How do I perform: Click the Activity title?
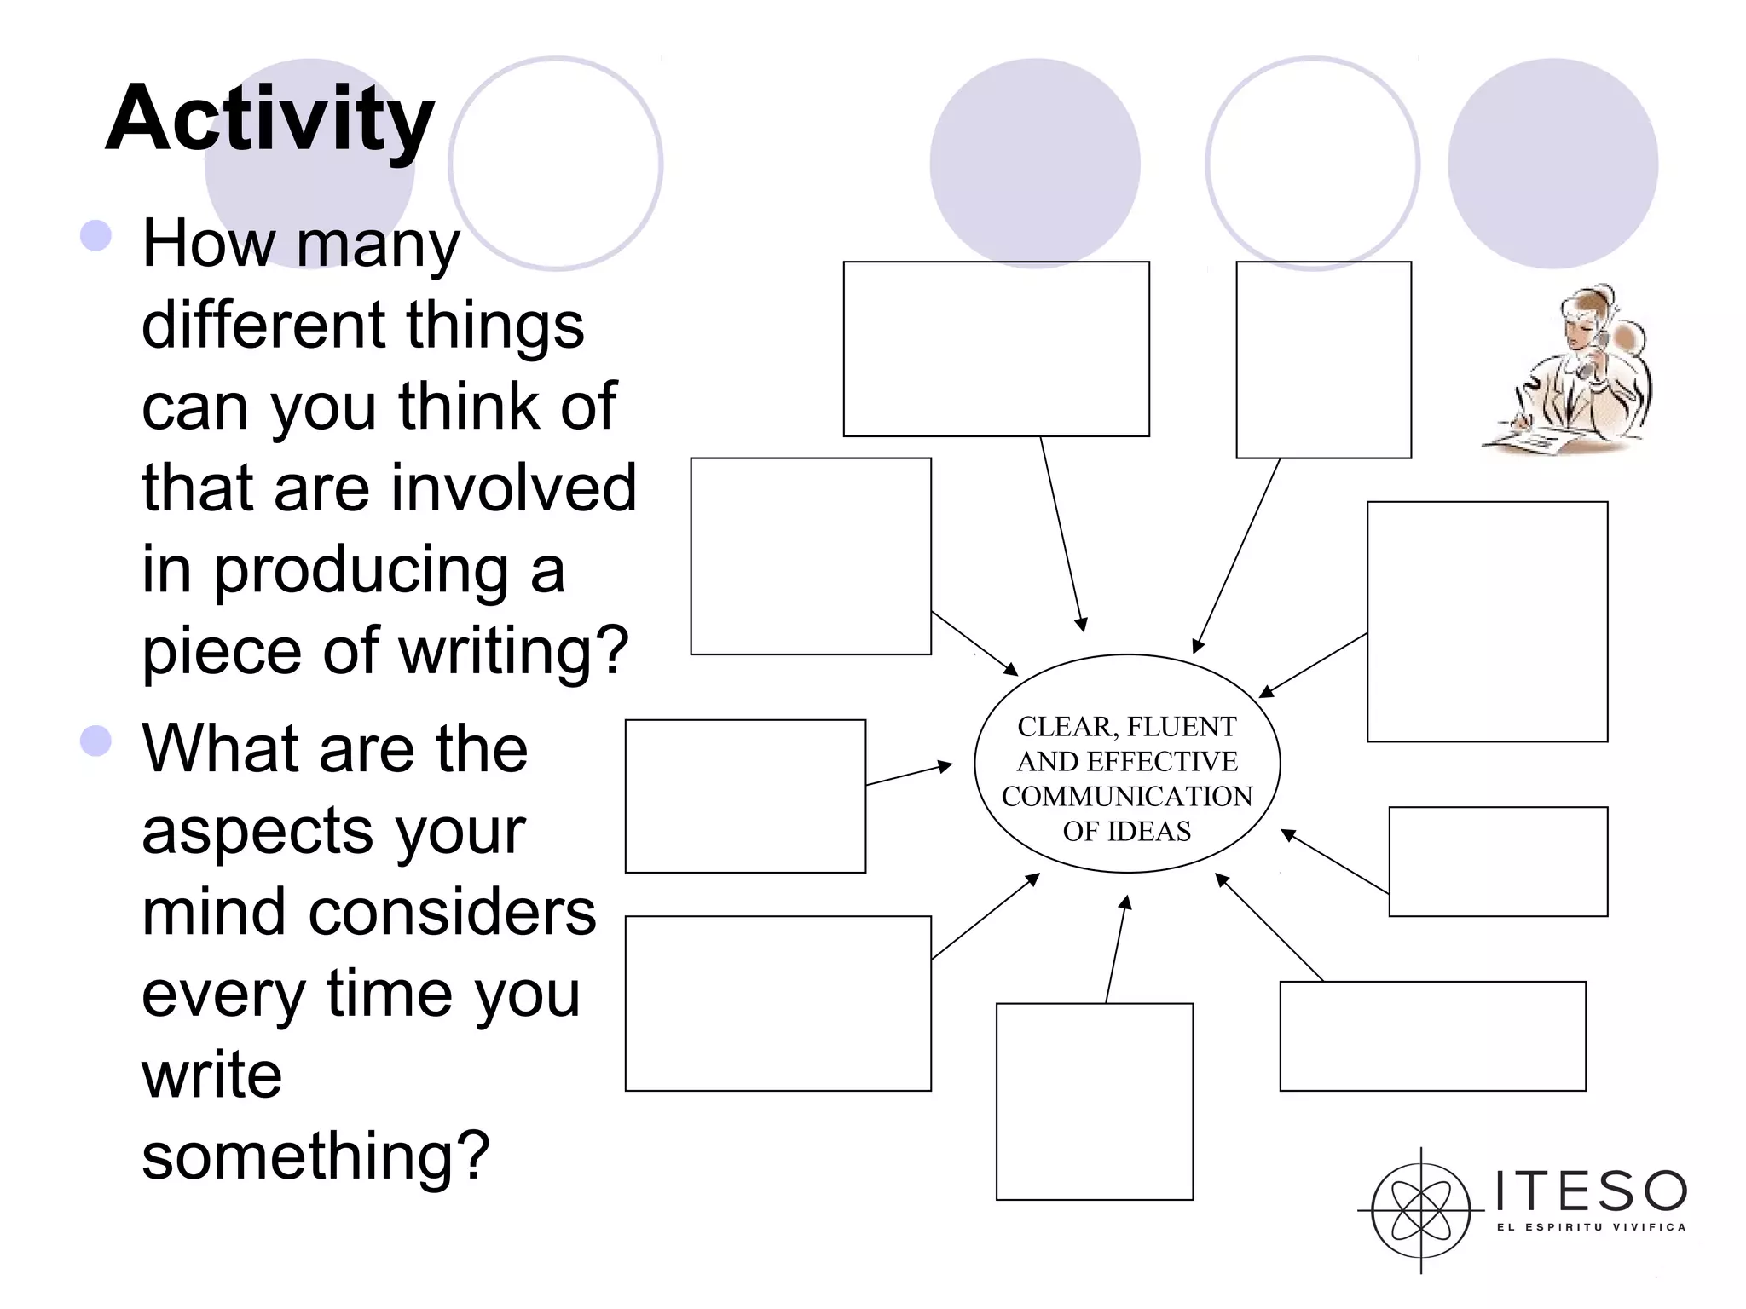coord(269,119)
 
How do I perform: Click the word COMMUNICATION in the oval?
coord(1126,797)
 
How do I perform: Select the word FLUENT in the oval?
coord(1182,727)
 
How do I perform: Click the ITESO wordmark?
coord(1590,1191)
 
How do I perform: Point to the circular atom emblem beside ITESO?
coord(1420,1210)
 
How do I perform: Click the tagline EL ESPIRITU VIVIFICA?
coord(1591,1227)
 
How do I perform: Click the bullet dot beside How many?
coord(96,236)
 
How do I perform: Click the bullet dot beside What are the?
coord(96,741)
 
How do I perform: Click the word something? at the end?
coord(315,1156)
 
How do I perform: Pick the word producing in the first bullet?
coord(361,570)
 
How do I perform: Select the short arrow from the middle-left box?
coord(909,773)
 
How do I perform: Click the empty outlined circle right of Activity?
coord(556,164)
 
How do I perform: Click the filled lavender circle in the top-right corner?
coord(1552,164)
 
